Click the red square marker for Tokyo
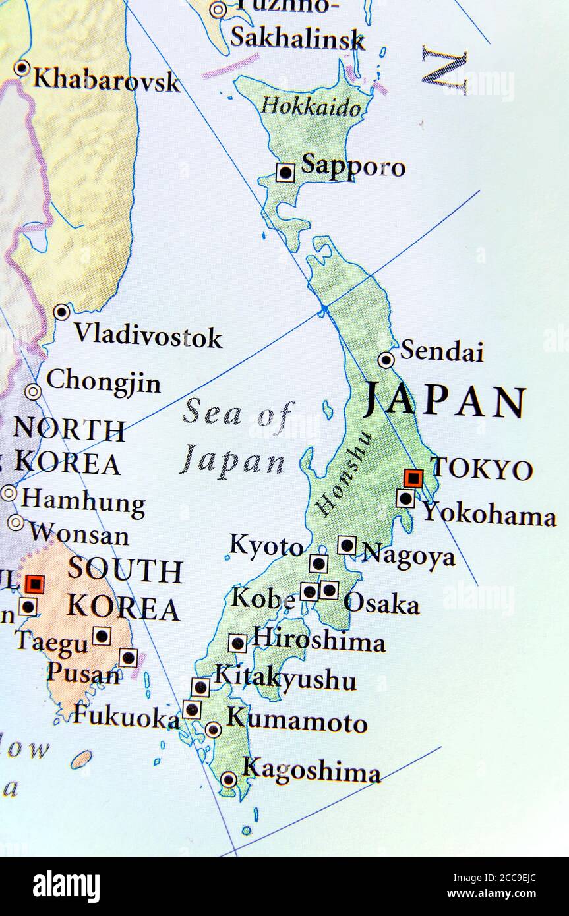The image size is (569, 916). pyautogui.click(x=413, y=477)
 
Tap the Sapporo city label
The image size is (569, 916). pyautogui.click(x=353, y=166)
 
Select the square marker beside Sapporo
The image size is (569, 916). pyautogui.click(x=285, y=173)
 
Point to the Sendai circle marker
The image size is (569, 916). pyautogui.click(x=386, y=360)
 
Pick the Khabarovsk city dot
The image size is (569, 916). pyautogui.click(x=22, y=68)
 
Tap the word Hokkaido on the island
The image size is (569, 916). pyautogui.click(x=311, y=107)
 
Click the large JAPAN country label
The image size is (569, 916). pyautogui.click(x=446, y=401)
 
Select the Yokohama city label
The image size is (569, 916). pyautogui.click(x=489, y=514)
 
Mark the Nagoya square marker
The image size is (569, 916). pyautogui.click(x=347, y=545)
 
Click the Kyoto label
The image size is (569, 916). pyautogui.click(x=266, y=546)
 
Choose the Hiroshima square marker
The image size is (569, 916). pyautogui.click(x=237, y=643)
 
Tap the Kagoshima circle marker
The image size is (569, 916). pyautogui.click(x=228, y=780)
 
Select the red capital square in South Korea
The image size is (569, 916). pyautogui.click(x=34, y=584)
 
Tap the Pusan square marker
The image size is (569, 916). pyautogui.click(x=128, y=657)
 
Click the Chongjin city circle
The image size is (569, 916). pyautogui.click(x=33, y=392)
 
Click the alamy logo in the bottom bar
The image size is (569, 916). pyautogui.click(x=66, y=886)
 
